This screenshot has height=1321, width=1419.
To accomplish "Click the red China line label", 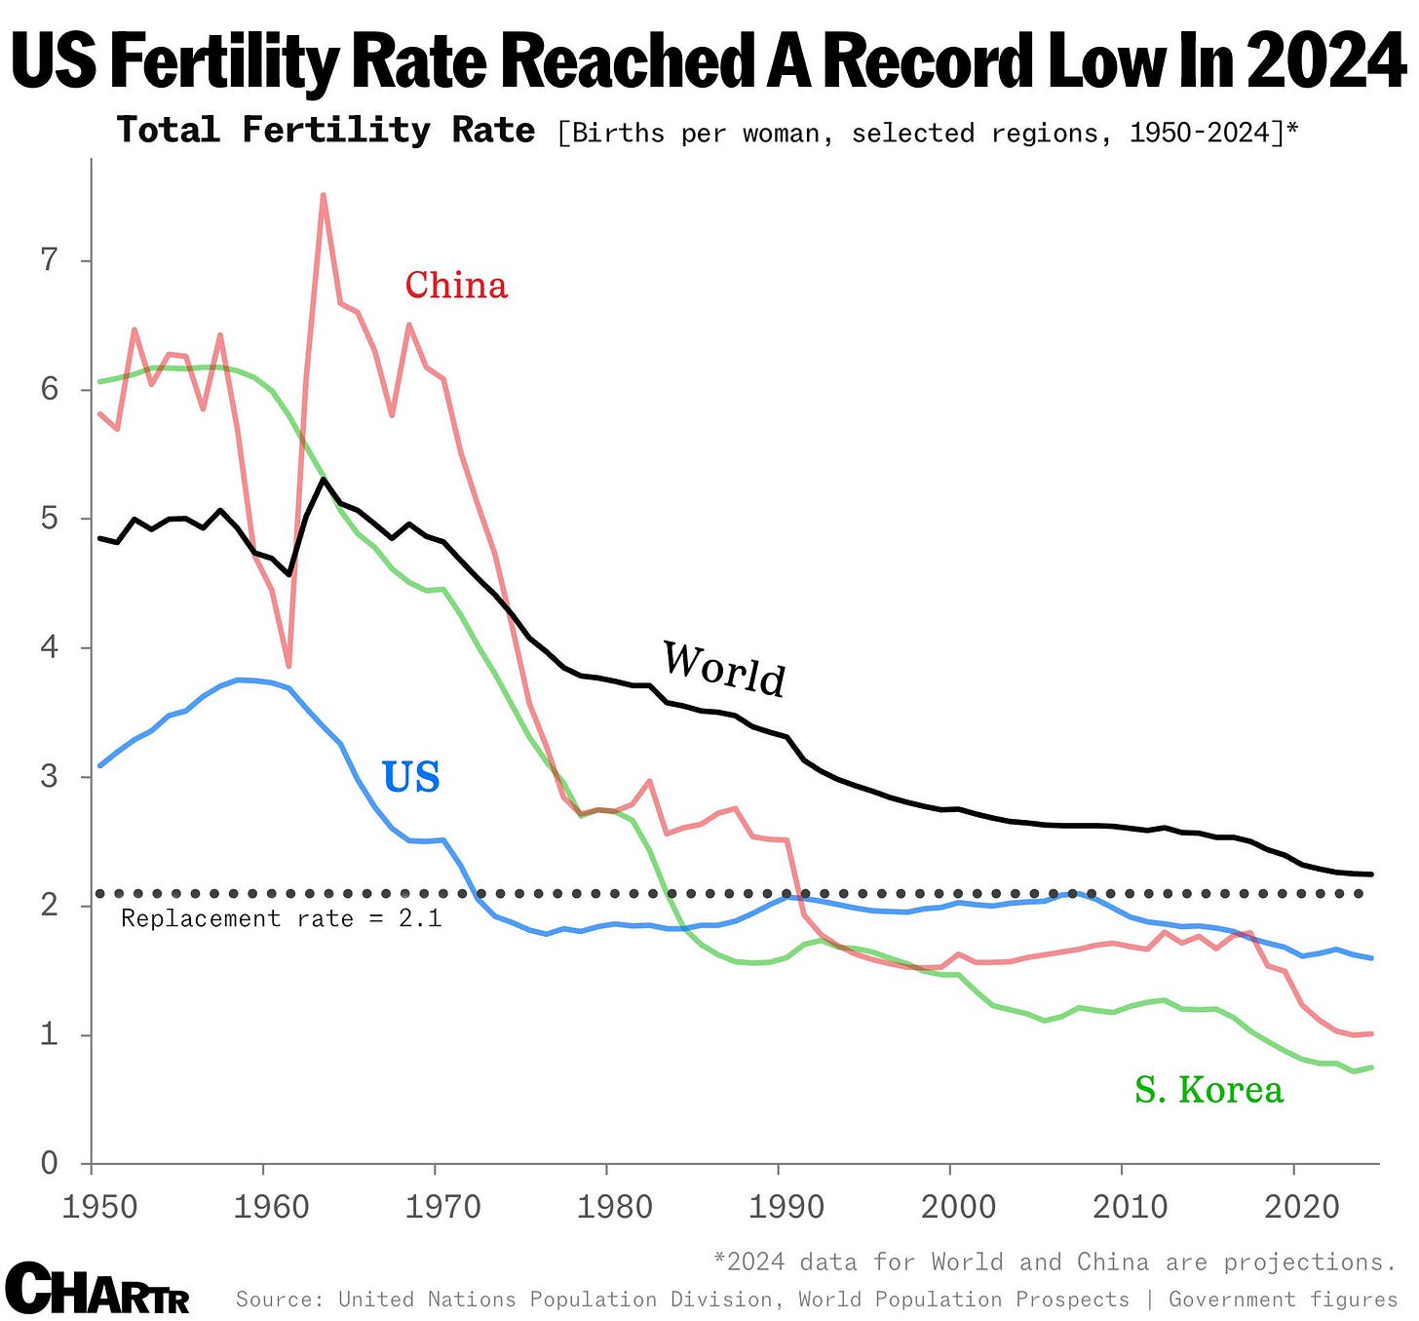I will (456, 286).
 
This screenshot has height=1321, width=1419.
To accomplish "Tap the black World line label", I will (724, 669).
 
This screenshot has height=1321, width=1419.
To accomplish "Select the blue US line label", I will (410, 777).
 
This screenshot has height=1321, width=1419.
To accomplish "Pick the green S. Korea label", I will (1208, 1090).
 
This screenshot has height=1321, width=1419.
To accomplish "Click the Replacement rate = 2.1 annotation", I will (281, 918).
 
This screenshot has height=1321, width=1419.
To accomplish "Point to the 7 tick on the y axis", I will (49, 260).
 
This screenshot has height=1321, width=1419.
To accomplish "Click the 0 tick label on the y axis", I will (49, 1163).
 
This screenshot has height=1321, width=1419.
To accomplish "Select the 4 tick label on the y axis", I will (49, 647).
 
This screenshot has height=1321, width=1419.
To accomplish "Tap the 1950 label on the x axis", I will (99, 1207).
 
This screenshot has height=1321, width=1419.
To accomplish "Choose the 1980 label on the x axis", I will (614, 1207).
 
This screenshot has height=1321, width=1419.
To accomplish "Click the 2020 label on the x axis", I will (1302, 1207).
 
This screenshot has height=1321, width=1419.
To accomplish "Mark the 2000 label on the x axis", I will (958, 1207).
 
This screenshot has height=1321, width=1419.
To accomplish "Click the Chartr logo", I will (97, 1289).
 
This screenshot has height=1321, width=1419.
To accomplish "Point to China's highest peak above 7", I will (323, 196).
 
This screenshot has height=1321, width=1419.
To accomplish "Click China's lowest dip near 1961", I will (288, 666).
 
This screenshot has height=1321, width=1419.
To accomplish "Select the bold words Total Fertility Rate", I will (326, 131).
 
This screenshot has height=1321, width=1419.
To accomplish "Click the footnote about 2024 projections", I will (1055, 1262).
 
